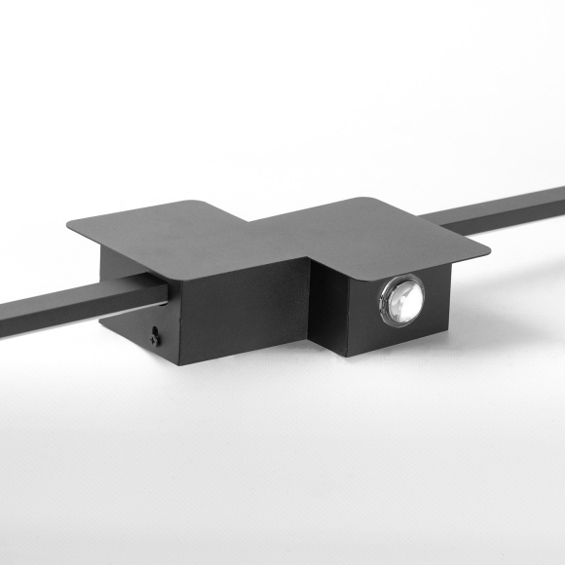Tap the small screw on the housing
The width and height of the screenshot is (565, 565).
point(155,337)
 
